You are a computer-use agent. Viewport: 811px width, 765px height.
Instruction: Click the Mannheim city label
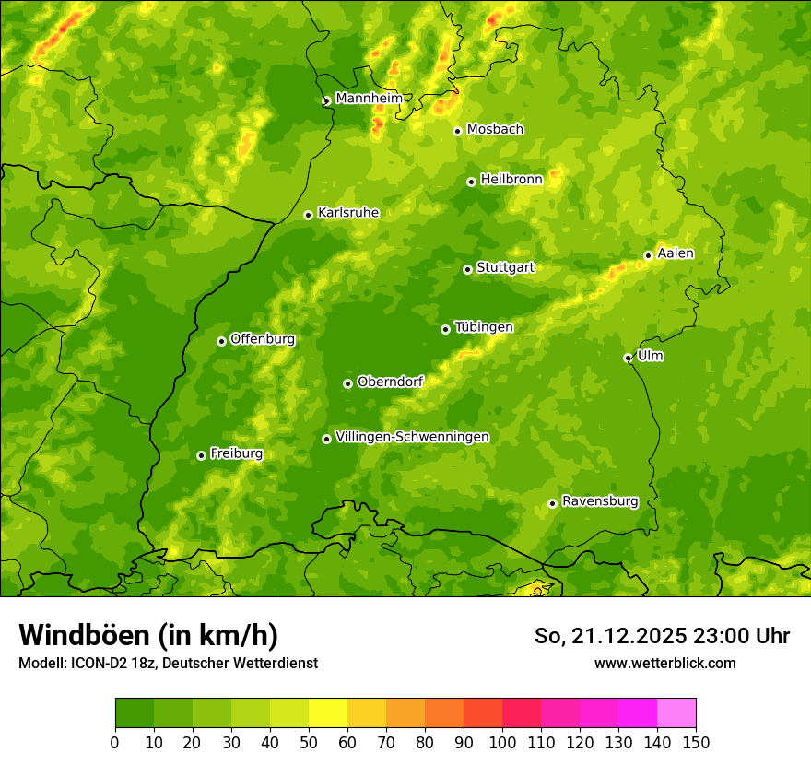click(369, 99)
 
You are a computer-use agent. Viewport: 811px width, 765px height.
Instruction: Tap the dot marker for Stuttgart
click(467, 269)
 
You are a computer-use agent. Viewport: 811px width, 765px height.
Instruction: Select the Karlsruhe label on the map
click(347, 213)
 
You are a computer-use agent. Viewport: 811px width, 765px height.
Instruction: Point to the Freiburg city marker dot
click(201, 455)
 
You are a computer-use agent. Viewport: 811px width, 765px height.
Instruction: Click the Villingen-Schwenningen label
click(412, 437)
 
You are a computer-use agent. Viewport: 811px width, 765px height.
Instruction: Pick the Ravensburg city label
click(599, 501)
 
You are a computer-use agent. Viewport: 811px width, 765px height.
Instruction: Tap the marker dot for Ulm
click(628, 358)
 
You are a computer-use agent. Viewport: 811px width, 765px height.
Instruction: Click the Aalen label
click(675, 253)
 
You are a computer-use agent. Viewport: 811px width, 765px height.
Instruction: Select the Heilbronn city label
click(511, 180)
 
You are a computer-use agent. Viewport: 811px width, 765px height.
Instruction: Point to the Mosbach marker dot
click(457, 131)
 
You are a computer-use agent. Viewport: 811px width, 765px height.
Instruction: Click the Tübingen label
click(483, 327)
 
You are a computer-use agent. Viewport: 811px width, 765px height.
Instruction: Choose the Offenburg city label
click(262, 339)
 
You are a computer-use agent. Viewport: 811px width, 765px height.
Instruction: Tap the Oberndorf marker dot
click(347, 383)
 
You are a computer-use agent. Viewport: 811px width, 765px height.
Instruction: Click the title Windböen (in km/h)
click(147, 635)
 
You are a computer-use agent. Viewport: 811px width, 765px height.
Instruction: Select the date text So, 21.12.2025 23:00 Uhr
click(662, 636)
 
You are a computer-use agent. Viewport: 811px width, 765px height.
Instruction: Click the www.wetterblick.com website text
click(664, 663)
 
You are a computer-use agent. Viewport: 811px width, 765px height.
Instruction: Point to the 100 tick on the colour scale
click(502, 742)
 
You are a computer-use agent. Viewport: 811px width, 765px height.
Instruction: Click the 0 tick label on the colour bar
click(115, 742)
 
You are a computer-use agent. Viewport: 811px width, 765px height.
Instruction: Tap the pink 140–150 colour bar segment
click(676, 713)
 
